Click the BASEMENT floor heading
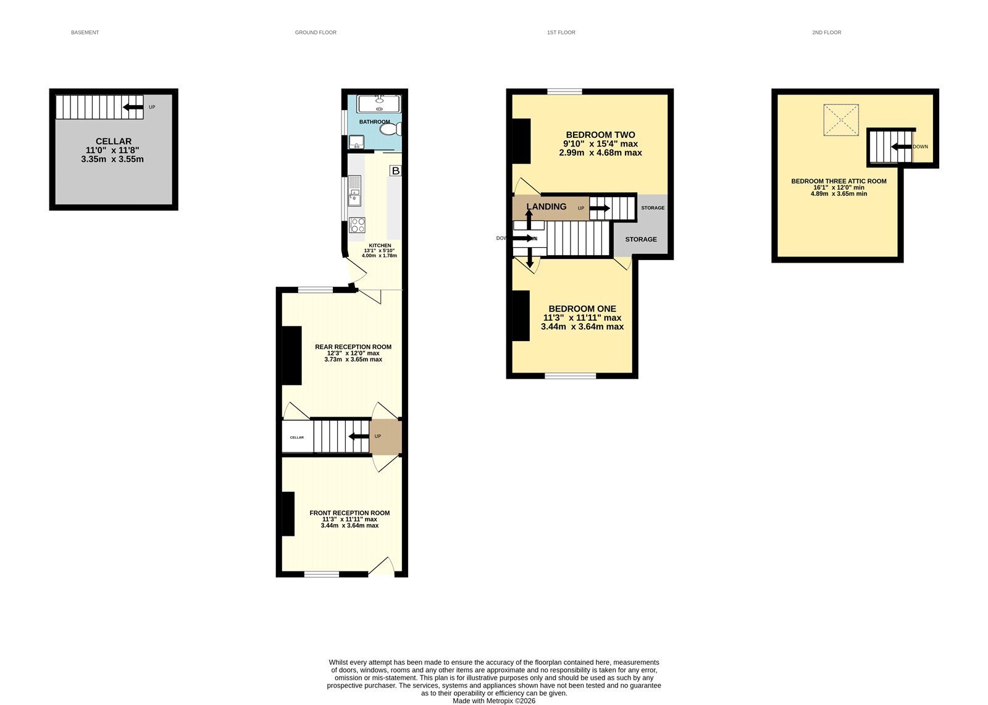[85, 32]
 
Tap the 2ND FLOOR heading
[826, 32]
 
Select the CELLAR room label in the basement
[114, 141]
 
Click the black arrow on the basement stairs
[133, 107]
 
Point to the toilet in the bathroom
[390, 129]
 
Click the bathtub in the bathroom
[379, 104]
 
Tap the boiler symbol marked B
[396, 171]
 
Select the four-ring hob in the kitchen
[357, 225]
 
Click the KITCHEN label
[380, 245]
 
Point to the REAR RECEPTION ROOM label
[353, 347]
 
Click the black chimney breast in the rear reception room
[291, 355]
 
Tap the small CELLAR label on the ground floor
[297, 437]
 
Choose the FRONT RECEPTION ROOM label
[350, 513]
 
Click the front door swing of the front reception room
[382, 566]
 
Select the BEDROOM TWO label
[600, 135]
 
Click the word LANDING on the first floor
[546, 206]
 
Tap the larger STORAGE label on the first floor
[640, 239]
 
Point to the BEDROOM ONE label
[582, 308]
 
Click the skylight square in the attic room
[840, 120]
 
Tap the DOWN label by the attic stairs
[920, 146]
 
